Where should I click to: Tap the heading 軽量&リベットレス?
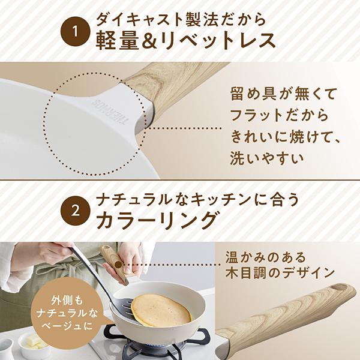(186, 40)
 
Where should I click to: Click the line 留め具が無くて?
(275, 94)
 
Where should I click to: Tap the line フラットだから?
(275, 115)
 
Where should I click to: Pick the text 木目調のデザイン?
(280, 273)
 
